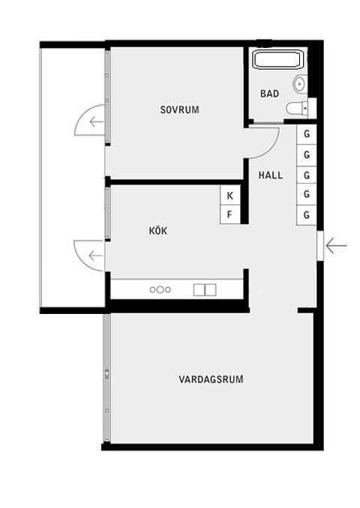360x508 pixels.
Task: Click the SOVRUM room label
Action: (x=180, y=109)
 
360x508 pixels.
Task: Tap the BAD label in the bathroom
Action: (x=269, y=94)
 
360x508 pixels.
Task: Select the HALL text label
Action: (x=271, y=175)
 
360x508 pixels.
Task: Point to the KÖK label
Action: (x=158, y=231)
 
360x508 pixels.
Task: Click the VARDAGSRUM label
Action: (x=211, y=379)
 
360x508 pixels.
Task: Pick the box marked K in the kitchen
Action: (x=230, y=196)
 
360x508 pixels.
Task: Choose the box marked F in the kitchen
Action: (x=230, y=216)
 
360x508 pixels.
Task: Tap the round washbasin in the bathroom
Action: (x=300, y=83)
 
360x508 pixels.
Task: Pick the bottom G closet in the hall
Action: (x=307, y=215)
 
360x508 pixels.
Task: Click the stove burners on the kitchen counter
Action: (x=160, y=289)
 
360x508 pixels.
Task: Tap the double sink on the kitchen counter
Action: (x=205, y=289)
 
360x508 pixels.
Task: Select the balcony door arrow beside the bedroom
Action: (x=94, y=120)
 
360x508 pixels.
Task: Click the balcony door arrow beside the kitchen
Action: (x=94, y=255)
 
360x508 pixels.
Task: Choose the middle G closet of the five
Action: (x=307, y=175)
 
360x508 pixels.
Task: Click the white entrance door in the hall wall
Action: (x=320, y=245)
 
